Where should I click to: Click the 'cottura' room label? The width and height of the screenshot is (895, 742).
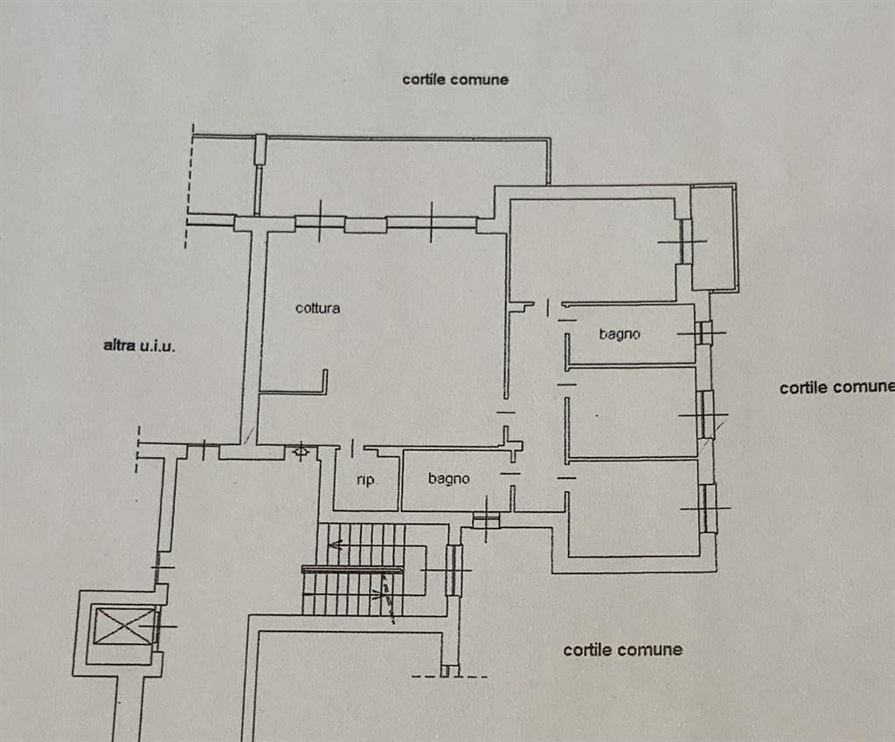click(317, 309)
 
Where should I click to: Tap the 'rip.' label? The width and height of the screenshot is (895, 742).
click(366, 480)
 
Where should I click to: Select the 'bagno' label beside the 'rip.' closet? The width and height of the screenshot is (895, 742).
click(449, 479)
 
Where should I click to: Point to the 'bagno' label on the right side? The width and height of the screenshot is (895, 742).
click(620, 334)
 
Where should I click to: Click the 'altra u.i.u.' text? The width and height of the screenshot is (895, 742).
click(139, 345)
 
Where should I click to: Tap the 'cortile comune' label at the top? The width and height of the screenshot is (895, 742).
click(454, 80)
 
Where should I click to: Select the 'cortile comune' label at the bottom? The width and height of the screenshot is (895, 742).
click(622, 649)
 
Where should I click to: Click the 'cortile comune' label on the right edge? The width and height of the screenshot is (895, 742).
click(836, 387)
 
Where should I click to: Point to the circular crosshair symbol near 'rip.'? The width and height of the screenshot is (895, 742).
click(301, 453)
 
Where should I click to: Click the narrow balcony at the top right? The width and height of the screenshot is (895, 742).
click(713, 237)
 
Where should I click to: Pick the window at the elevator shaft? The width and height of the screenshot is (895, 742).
click(157, 627)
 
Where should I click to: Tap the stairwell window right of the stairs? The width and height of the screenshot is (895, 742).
click(454, 570)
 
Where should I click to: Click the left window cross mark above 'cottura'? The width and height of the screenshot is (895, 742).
click(320, 222)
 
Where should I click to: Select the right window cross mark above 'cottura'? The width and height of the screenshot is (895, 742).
click(432, 222)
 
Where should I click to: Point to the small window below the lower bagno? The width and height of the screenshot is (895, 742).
click(486, 520)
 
